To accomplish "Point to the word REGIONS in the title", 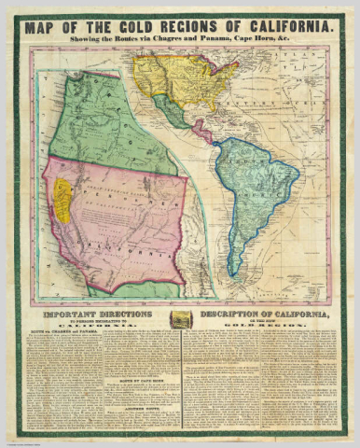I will pyautogui.click(x=201, y=27).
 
